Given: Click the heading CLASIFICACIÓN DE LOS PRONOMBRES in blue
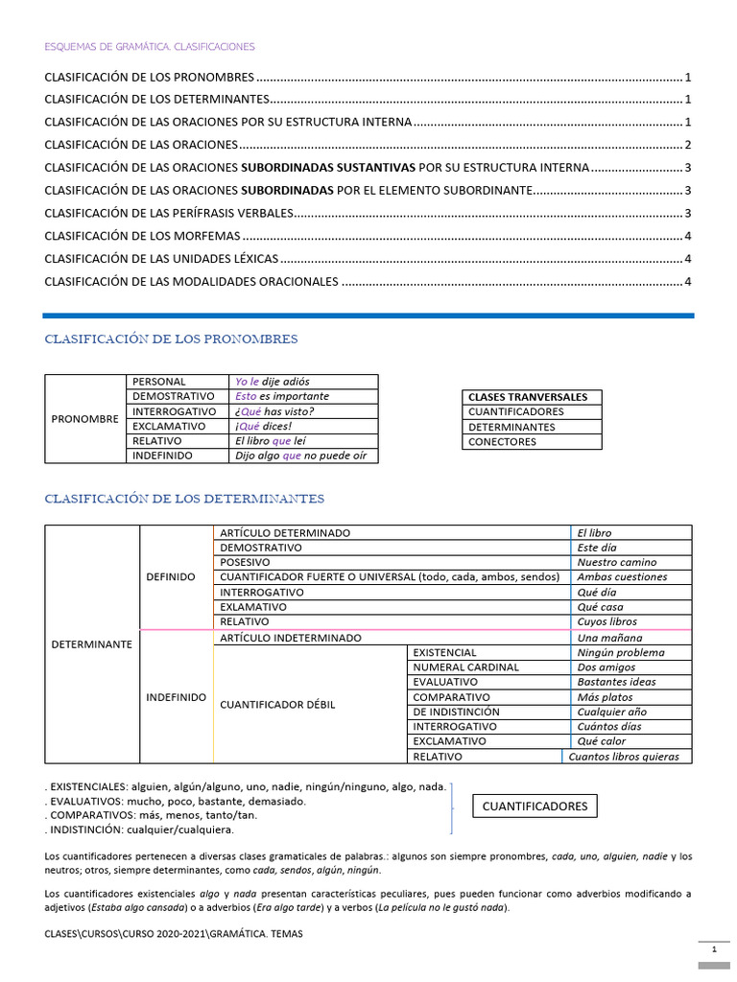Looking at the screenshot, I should pos(171,339).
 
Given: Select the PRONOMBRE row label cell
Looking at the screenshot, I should pos(85,419).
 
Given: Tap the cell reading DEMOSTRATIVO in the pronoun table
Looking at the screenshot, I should pos(174,396).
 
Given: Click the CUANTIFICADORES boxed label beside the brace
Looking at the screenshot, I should pos(535,807).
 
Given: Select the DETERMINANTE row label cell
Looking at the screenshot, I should pos(91,644).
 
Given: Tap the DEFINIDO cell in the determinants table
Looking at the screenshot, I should pos(170,577).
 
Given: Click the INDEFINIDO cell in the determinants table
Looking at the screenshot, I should pos(176,697).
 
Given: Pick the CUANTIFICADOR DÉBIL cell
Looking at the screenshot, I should pos(278,705).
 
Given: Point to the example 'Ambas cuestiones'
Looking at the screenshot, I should pos(622,577).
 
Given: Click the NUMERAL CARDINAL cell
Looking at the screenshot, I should pos(465,667).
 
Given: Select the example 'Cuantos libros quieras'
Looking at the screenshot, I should pos(624,757).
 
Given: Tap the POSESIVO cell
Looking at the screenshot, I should pos(245,563).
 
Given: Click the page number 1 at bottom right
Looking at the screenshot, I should pos(714,949).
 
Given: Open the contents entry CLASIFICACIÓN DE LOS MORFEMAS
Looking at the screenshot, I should pos(143,236).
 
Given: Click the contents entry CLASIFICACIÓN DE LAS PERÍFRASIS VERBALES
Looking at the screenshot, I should pos(169,213).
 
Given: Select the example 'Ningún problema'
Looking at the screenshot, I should pos(621,652).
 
